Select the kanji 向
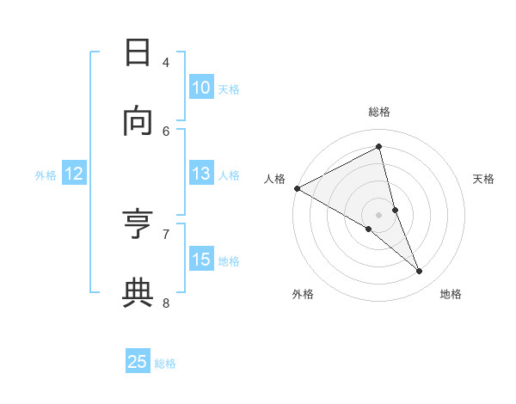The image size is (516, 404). pyautogui.click(x=138, y=121)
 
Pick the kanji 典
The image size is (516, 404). pyautogui.click(x=138, y=292)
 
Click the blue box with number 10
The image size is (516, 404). pyautogui.click(x=201, y=88)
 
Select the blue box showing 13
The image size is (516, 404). pyautogui.click(x=201, y=174)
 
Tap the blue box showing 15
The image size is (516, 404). pyautogui.click(x=201, y=260)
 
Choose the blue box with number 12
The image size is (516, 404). pyautogui.click(x=74, y=174)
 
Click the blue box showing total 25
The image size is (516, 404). pyautogui.click(x=138, y=362)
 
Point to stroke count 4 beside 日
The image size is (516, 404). pyautogui.click(x=166, y=62)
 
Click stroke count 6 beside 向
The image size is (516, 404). pyautogui.click(x=166, y=131)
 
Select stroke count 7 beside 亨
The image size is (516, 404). pyautogui.click(x=166, y=233)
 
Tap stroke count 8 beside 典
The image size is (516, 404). pyautogui.click(x=166, y=302)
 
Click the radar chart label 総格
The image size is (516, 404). pyautogui.click(x=379, y=112)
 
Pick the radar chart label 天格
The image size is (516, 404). pyautogui.click(x=483, y=179)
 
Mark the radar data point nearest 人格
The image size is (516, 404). pyautogui.click(x=297, y=188)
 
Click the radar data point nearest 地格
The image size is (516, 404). pyautogui.click(x=420, y=272)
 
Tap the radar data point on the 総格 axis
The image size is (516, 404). pyautogui.click(x=379, y=147)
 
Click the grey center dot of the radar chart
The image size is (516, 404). pyautogui.click(x=379, y=214)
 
